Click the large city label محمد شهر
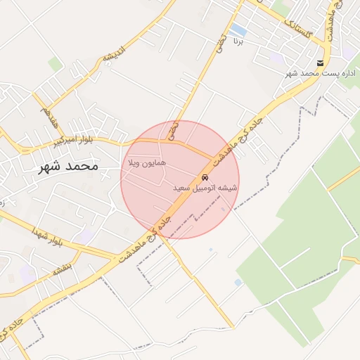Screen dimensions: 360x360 [68, 167]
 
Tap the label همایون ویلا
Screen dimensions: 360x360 [146, 162]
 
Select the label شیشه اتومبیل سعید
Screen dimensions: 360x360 [205, 188]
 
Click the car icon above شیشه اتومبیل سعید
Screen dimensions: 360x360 [205, 177]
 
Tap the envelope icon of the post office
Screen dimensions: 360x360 [321, 63]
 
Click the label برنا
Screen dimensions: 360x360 [238, 41]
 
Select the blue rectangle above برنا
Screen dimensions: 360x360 [238, 30]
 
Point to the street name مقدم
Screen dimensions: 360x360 [49, 116]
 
